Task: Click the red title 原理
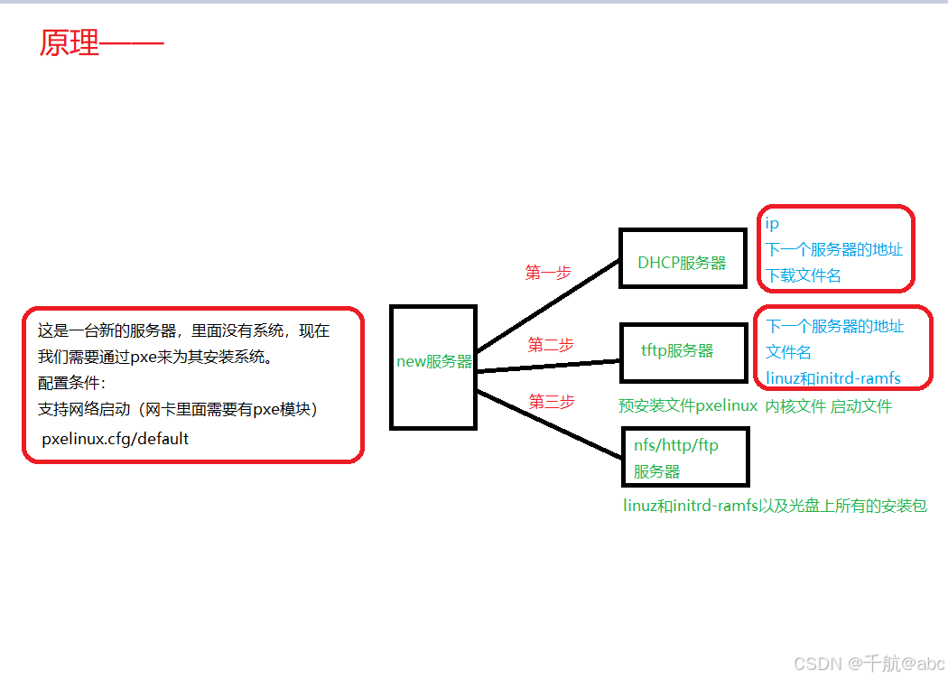click(x=70, y=43)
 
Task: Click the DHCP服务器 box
click(x=682, y=263)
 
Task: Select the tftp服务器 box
click(x=677, y=350)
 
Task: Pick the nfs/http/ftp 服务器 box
click(x=685, y=457)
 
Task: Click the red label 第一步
click(x=548, y=272)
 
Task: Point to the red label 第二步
click(x=551, y=344)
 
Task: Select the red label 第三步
click(x=551, y=402)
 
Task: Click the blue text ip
click(x=772, y=223)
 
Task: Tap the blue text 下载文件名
click(x=804, y=275)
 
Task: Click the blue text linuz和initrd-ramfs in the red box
click(x=833, y=377)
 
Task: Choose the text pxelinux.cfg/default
click(x=116, y=439)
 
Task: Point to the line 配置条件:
click(x=72, y=383)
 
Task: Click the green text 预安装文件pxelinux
click(x=688, y=406)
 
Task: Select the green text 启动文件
click(x=860, y=406)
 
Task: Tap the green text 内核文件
click(x=795, y=406)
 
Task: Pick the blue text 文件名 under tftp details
click(x=788, y=351)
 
